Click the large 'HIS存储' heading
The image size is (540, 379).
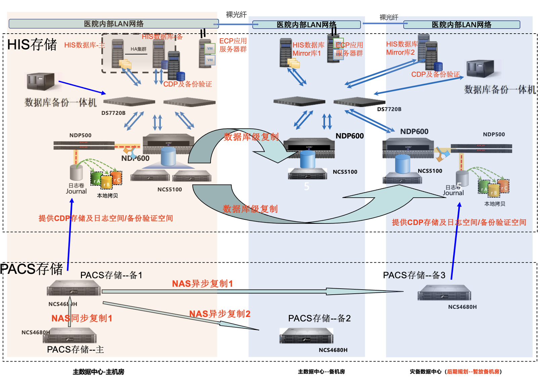[32, 45]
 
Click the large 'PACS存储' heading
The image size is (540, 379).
[32, 269]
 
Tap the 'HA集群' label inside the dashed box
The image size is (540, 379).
[138, 49]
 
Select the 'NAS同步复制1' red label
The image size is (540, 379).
[82, 318]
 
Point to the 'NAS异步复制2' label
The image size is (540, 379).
[220, 314]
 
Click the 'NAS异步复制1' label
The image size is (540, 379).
[202, 284]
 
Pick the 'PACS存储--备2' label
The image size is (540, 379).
[319, 318]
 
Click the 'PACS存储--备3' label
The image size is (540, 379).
[414, 275]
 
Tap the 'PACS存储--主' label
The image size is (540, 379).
[75, 349]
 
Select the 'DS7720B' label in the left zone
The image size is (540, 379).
[113, 113]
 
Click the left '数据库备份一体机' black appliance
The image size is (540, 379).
[41, 81]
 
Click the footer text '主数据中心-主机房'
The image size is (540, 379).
[98, 372]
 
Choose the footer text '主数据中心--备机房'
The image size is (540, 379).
[321, 372]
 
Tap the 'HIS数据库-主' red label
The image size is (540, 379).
[84, 45]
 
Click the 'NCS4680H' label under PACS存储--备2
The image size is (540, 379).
[333, 350]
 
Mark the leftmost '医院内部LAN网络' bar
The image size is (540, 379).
[114, 24]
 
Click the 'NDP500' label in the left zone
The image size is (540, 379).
[80, 135]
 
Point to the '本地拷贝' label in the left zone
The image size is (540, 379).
[107, 196]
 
